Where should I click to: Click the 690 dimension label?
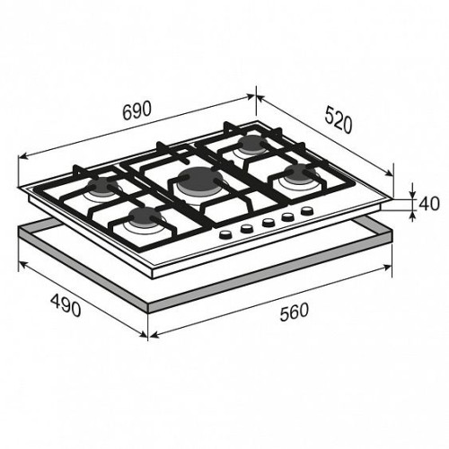[x=136, y=110]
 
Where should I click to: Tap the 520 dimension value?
[x=339, y=120]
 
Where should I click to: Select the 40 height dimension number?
[x=429, y=203]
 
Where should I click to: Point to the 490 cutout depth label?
[x=66, y=304]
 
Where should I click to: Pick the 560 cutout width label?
[x=294, y=313]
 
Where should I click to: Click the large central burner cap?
[x=199, y=180]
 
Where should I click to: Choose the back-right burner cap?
[x=253, y=143]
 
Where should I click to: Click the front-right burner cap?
[x=300, y=172]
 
